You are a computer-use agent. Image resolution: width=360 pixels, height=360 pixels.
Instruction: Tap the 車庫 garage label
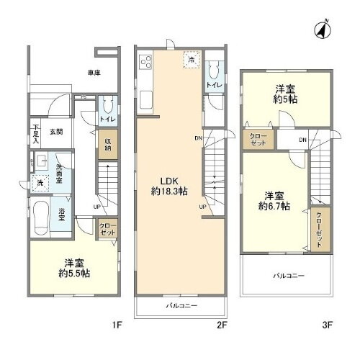[94, 73]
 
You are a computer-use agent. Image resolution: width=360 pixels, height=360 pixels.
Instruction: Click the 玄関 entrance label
[57, 132]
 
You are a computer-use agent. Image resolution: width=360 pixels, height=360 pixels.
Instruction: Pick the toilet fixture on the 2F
[213, 71]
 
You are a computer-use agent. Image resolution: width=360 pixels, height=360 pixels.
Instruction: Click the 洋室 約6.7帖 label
[275, 200]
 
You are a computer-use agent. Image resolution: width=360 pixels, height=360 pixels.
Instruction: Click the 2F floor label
[222, 325]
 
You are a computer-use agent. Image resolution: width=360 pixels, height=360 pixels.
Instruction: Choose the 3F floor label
[327, 325]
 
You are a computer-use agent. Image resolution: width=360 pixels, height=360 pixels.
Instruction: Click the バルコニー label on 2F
[181, 305]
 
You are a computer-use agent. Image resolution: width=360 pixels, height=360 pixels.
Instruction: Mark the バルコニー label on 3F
[288, 276]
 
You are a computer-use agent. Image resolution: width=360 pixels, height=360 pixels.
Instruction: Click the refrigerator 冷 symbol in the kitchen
[191, 60]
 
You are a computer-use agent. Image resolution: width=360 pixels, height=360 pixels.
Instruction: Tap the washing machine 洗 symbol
[40, 184]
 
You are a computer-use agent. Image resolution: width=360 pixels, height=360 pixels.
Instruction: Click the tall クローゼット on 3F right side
[318, 230]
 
